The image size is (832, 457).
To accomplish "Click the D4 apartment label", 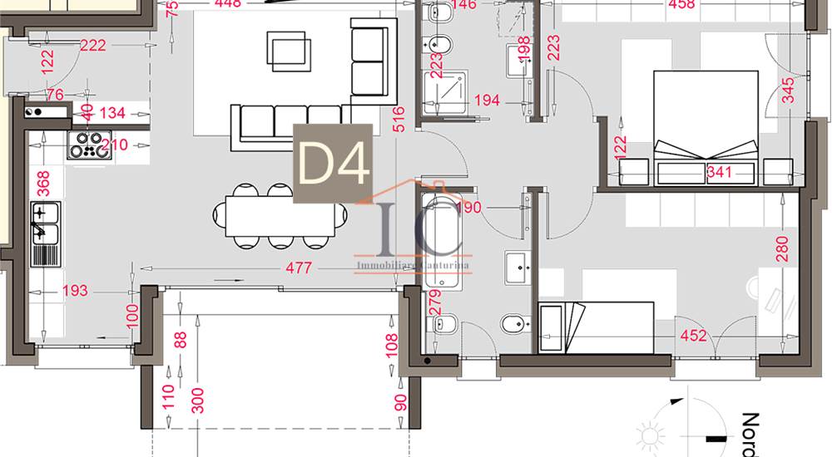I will (333, 164).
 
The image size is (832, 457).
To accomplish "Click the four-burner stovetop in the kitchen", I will (88, 145).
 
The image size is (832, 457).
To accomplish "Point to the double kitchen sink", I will (46, 234).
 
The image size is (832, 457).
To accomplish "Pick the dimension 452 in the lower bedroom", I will (693, 337).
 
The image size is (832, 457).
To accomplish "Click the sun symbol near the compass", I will (647, 435).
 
